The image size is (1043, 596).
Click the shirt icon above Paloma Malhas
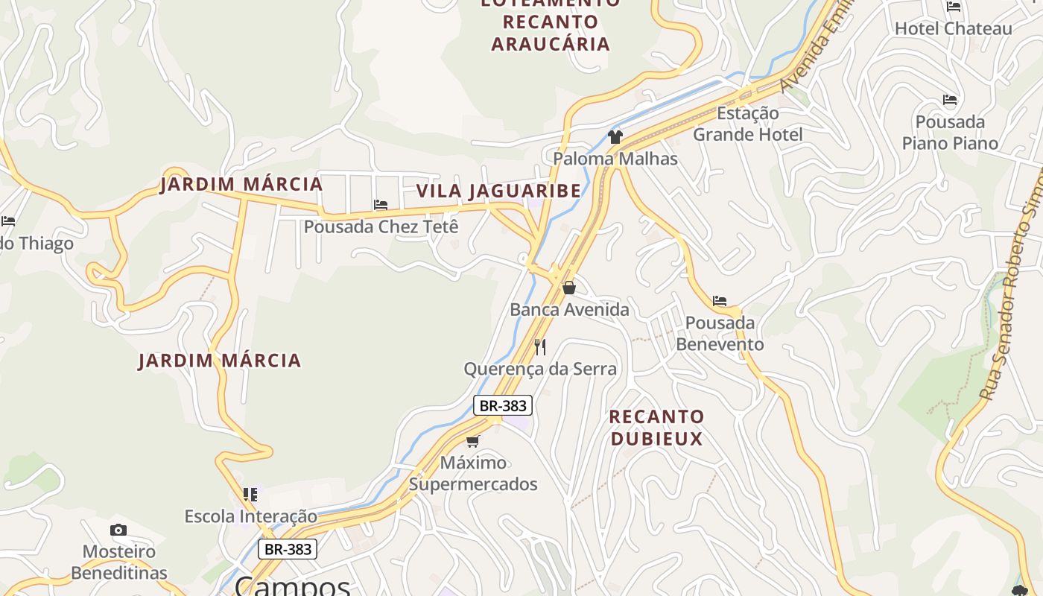tap(615, 136)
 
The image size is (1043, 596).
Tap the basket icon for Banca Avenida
tap(569, 288)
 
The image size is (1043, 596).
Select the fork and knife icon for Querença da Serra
tap(540, 346)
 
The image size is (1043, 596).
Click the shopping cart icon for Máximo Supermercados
tap(472, 441)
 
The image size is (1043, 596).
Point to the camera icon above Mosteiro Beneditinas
tap(118, 530)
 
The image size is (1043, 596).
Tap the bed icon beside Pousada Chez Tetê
tap(381, 205)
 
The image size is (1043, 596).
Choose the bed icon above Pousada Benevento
tap(719, 301)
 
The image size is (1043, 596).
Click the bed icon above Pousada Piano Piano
tap(949, 100)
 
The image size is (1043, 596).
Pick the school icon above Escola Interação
tap(250, 494)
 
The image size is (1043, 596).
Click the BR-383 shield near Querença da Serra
tap(503, 405)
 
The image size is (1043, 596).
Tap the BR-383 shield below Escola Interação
tap(288, 549)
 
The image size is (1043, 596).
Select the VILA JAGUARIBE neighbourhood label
tap(498, 191)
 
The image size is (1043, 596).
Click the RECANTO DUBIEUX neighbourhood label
tap(656, 427)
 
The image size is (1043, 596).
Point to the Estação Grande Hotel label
tap(748, 124)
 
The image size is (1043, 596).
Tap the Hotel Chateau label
tap(953, 28)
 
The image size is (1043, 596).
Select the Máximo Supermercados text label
tap(473, 473)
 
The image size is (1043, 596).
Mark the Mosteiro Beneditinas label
tap(119, 562)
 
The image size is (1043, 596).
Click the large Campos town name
tap(292, 586)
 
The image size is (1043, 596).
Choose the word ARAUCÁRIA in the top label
tap(551, 43)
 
